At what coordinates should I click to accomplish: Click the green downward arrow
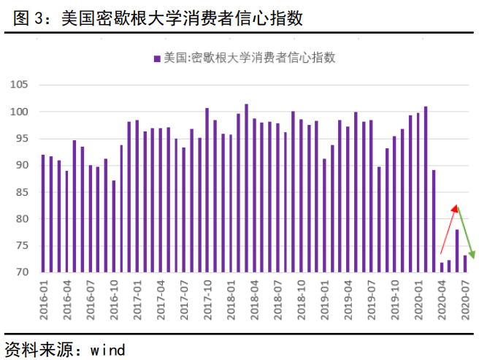pyautogui.click(x=466, y=232)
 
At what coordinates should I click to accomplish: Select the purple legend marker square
pyautogui.click(x=156, y=58)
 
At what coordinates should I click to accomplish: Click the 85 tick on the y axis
pyautogui.click(x=21, y=192)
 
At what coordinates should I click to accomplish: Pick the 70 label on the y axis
pyautogui.click(x=21, y=272)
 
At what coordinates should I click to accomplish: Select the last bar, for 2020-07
pyautogui.click(x=465, y=264)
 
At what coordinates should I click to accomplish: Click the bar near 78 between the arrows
pyautogui.click(x=457, y=250)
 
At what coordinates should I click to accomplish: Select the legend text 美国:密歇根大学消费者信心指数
pyautogui.click(x=248, y=58)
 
